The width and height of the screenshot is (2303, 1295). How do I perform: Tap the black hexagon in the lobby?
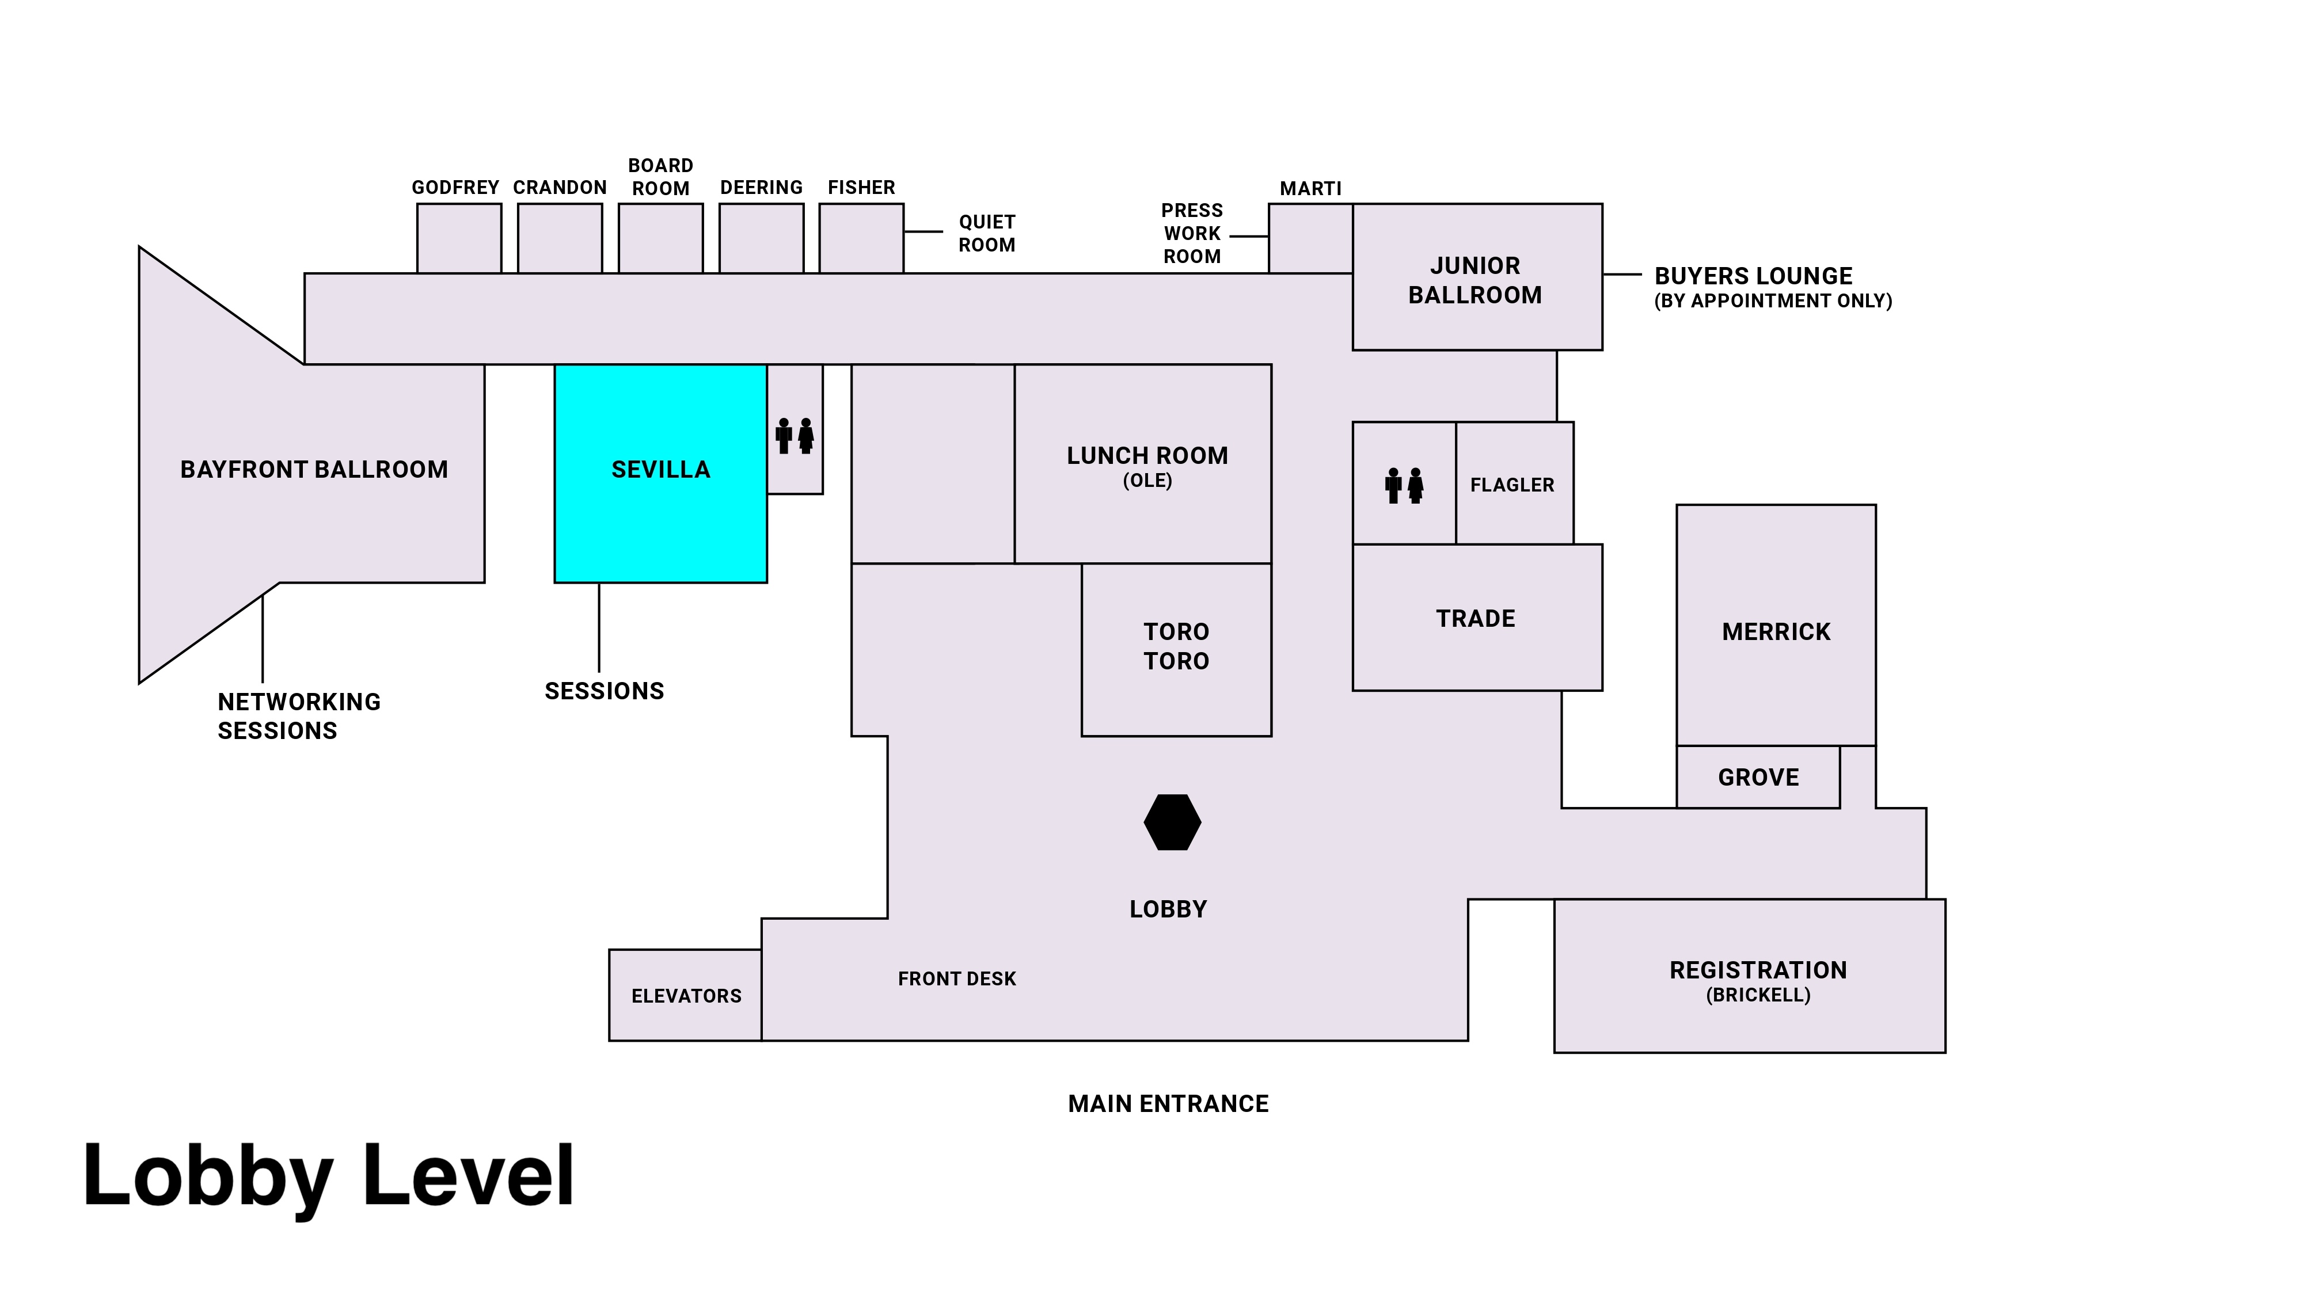coord(1172,822)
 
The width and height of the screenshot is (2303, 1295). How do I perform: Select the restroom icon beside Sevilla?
coord(795,436)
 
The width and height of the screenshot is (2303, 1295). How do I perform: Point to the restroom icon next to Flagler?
coord(1404,485)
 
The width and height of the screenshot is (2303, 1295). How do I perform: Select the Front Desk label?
coord(956,978)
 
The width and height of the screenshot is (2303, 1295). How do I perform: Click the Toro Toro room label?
coord(1176,646)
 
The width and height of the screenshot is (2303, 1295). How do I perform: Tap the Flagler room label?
coord(1512,485)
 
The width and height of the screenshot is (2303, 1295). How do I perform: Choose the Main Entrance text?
coord(1168,1104)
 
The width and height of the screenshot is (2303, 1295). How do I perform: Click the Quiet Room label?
coord(986,233)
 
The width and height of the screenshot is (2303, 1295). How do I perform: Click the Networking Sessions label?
coord(299,716)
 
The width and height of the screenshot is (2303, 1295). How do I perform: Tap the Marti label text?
coord(1310,189)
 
